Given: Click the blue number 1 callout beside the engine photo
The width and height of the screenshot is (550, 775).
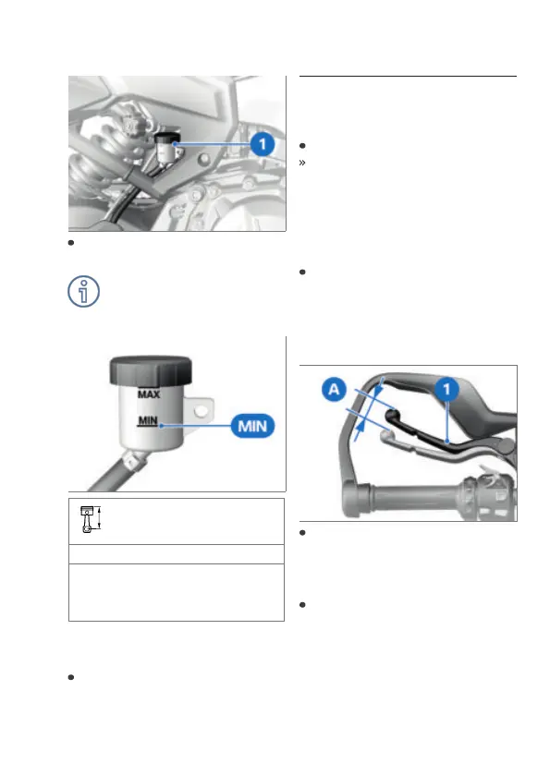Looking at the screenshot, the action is coord(263,144).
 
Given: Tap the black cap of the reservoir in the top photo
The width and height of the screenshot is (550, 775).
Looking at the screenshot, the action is coord(167,137).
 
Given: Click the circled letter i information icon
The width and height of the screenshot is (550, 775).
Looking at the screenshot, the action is coord(83,291).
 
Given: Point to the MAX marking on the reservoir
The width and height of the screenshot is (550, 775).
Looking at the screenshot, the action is coord(149,394).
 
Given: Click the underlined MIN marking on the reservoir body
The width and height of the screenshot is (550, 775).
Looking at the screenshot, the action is coord(148,420).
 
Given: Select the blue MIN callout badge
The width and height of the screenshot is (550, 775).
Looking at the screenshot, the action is coord(252,426).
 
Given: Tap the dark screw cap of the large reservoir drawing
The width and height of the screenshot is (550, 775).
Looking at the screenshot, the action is coord(151,369).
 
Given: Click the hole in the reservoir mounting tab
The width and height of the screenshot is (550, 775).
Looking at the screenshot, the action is coord(201,410).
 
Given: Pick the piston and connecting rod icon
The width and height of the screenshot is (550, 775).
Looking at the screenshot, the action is coord(88,519).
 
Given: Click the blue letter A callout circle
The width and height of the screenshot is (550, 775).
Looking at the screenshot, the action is coord(335,389).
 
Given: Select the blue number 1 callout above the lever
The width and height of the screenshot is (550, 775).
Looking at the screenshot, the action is coord(446,389).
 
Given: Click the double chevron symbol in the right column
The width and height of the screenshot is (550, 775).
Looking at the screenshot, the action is coord(302,163).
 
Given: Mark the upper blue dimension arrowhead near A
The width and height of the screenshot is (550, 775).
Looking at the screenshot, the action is coord(378,390).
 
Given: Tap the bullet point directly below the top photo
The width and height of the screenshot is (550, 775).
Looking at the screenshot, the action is coord(71,243).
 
